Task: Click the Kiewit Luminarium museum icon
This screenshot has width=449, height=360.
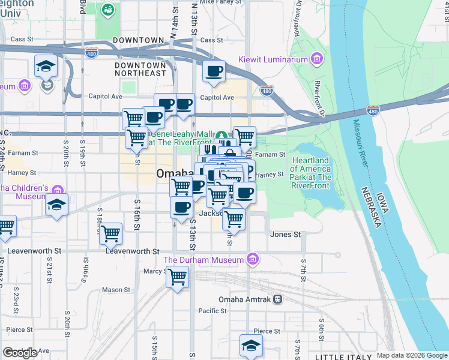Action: point(317,59)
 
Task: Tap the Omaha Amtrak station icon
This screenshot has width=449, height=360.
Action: point(277,299)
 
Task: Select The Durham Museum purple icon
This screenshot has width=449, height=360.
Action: point(253,259)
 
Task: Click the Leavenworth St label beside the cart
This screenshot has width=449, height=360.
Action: point(132,251)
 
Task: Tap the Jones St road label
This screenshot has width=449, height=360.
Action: point(285,235)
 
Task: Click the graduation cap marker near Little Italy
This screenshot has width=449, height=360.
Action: point(251,345)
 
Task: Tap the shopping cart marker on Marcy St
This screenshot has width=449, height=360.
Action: point(178,277)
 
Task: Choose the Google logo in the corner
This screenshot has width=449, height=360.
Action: point(20,353)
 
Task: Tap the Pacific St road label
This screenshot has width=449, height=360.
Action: point(212,311)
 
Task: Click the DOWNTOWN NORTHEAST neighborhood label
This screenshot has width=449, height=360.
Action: point(140,69)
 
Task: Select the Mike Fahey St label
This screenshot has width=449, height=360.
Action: point(216,2)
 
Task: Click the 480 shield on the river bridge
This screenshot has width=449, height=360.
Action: point(373,110)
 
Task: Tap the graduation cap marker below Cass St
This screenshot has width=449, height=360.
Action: point(46,67)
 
